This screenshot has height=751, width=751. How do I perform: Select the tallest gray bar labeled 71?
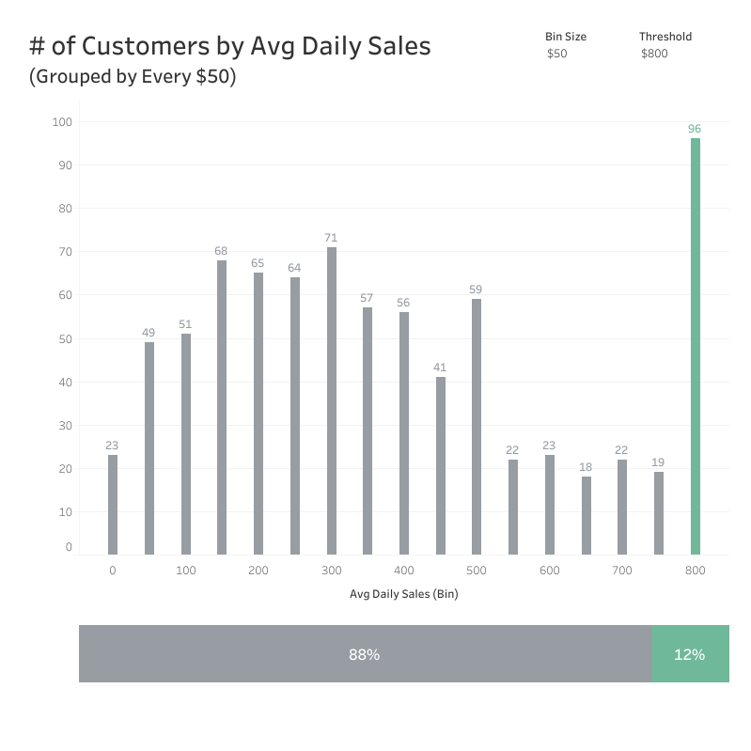[332, 400]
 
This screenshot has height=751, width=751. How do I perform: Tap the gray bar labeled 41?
[441, 465]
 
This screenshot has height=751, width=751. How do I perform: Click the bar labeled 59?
[477, 427]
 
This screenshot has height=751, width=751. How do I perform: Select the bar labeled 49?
[149, 448]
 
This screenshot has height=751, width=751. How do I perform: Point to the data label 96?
[695, 129]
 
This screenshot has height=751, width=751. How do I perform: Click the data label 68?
[222, 251]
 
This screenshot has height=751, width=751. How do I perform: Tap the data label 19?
[658, 462]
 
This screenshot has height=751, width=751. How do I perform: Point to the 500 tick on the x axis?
[477, 571]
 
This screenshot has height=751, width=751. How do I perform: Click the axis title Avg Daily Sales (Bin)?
[403, 594]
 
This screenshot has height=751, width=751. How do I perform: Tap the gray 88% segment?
[365, 654]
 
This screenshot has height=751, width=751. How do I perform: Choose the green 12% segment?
[690, 654]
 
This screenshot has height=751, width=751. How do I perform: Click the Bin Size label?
[566, 37]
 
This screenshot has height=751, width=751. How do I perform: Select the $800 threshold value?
[654, 55]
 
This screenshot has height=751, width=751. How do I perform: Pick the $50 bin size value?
[557, 55]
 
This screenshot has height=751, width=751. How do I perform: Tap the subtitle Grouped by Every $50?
[133, 77]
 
